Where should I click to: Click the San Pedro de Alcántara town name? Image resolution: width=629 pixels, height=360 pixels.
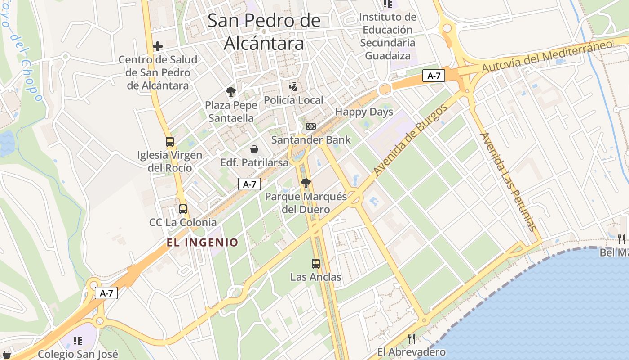tap(264, 32)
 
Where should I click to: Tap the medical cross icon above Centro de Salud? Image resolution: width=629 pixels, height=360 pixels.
tap(157, 46)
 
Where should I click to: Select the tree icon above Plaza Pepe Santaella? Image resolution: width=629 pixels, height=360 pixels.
tap(231, 92)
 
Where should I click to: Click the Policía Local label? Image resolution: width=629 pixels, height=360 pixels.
tap(293, 100)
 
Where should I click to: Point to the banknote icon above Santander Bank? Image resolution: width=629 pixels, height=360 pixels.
tap(311, 126)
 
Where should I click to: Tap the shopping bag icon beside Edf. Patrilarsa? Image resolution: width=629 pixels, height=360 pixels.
tap(254, 149)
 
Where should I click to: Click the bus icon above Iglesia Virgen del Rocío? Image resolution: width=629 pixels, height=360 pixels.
tap(170, 142)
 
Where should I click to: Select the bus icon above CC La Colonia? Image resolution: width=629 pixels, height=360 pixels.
tap(183, 209)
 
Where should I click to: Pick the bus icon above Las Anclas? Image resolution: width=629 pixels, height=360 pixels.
tap(316, 264)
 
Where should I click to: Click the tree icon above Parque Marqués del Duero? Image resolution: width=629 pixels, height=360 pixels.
tap(306, 183)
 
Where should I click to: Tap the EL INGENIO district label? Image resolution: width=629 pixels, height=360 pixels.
tap(203, 243)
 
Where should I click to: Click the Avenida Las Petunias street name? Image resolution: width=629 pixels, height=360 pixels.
tap(508, 181)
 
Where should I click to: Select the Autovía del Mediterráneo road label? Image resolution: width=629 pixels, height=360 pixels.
tap(547, 56)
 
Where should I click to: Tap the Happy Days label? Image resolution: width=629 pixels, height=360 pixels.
tap(364, 112)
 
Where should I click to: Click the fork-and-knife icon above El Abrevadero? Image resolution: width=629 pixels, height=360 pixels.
tap(411, 338)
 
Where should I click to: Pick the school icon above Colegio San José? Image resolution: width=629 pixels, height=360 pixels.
tap(78, 341)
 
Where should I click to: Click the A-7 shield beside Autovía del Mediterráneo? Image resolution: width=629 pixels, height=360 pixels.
tap(434, 76)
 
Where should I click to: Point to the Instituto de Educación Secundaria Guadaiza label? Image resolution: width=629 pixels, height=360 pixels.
tap(388, 36)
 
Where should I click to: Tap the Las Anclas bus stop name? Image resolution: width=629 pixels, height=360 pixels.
tap(316, 277)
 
